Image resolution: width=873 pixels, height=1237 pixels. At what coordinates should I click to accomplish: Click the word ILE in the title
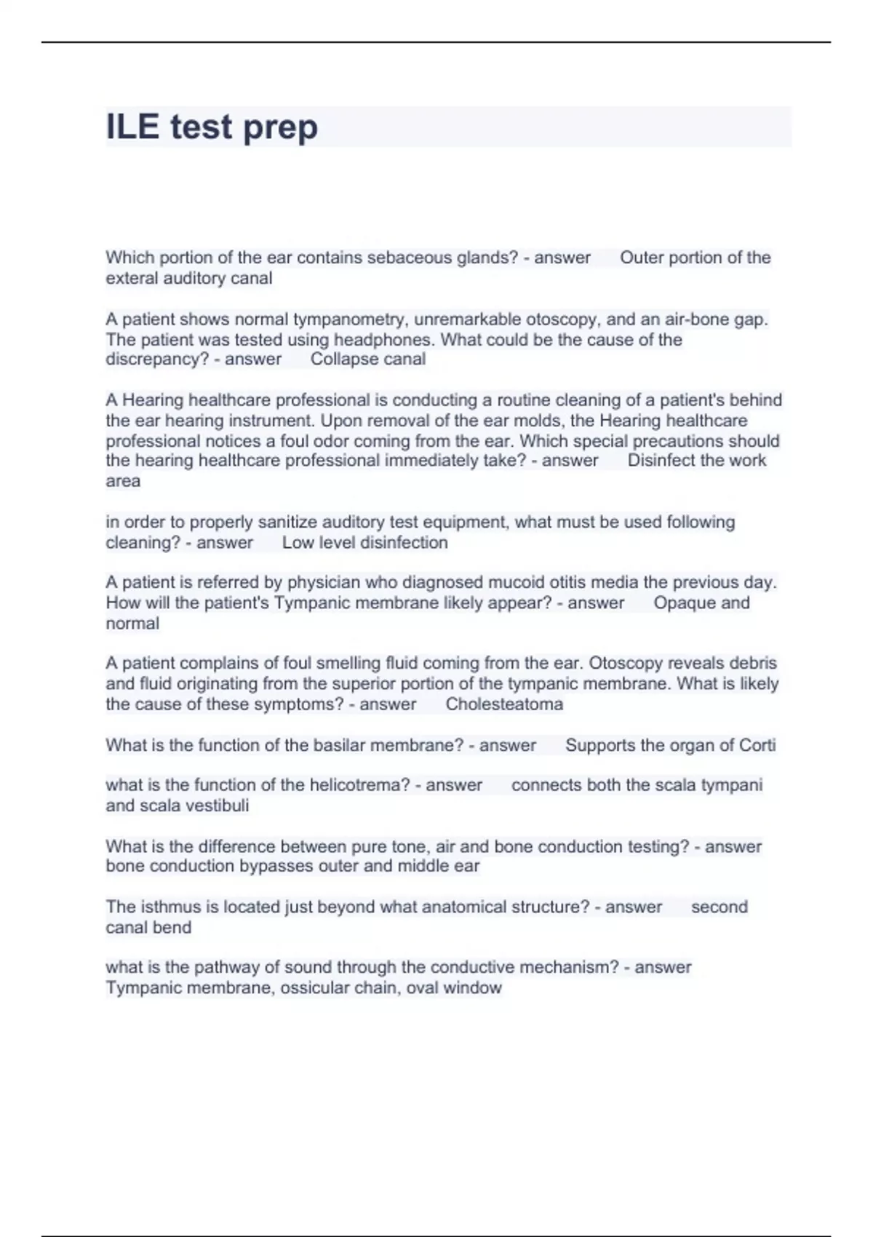tap(132, 127)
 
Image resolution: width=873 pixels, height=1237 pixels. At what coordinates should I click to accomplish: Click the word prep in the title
tap(280, 128)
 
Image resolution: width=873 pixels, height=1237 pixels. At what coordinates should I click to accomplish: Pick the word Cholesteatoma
tap(504, 704)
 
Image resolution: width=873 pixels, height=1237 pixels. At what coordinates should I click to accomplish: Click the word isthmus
tap(170, 907)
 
